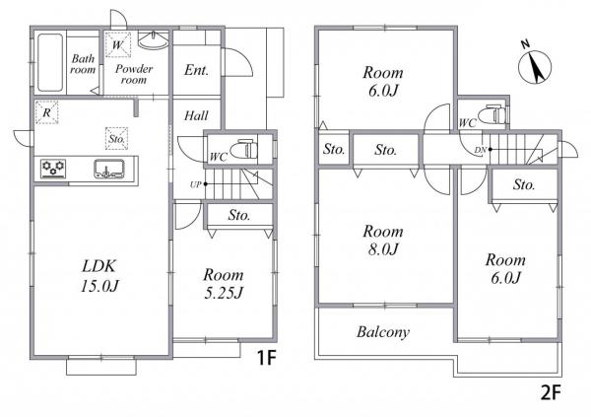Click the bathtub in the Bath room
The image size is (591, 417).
click(x=50, y=63)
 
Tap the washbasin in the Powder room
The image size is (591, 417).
click(x=153, y=40)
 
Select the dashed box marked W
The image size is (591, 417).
click(x=118, y=45)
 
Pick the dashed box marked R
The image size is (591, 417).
click(x=46, y=112)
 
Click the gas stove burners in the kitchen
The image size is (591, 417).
click(x=53, y=169)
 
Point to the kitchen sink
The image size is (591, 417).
click(x=109, y=169)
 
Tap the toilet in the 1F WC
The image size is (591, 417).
click(x=242, y=150)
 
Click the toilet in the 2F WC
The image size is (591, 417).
click(x=493, y=114)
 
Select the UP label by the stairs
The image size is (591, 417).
click(x=195, y=185)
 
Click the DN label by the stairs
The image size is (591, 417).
click(x=481, y=150)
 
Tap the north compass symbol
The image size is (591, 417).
click(x=535, y=65)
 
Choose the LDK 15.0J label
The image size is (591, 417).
click(x=99, y=276)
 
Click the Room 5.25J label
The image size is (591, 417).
click(x=224, y=283)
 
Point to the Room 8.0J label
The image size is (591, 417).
click(x=383, y=240)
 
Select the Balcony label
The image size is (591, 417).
click(x=383, y=332)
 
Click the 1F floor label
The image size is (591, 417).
click(x=267, y=358)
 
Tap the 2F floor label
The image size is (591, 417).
click(x=551, y=393)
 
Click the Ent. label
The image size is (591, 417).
click(x=196, y=70)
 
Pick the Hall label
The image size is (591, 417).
click(x=196, y=116)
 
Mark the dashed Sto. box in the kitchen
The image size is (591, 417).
click(x=117, y=138)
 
